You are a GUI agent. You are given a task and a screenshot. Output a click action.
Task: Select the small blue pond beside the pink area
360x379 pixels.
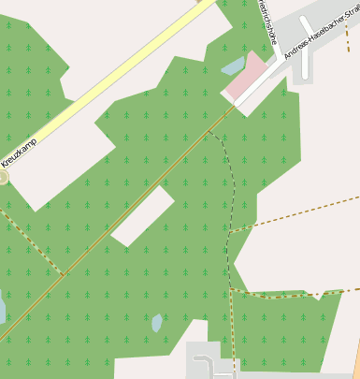(x=232, y=66)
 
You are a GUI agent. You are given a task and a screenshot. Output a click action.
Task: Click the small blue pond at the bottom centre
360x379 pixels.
(x=157, y=323)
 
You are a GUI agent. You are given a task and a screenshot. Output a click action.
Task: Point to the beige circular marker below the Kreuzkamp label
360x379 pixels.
(x=3, y=176)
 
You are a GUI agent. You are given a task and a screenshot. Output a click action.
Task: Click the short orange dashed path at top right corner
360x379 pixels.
(x=347, y=37)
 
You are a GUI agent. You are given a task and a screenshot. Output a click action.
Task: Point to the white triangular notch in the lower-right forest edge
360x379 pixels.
(x=319, y=296)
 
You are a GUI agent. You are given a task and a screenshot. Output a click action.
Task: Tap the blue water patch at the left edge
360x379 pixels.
(x=2, y=309)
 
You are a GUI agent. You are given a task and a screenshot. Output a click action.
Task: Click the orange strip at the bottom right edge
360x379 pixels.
(x=355, y=360)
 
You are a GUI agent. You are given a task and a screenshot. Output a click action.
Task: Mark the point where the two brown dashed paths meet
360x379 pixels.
(x=230, y=290)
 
